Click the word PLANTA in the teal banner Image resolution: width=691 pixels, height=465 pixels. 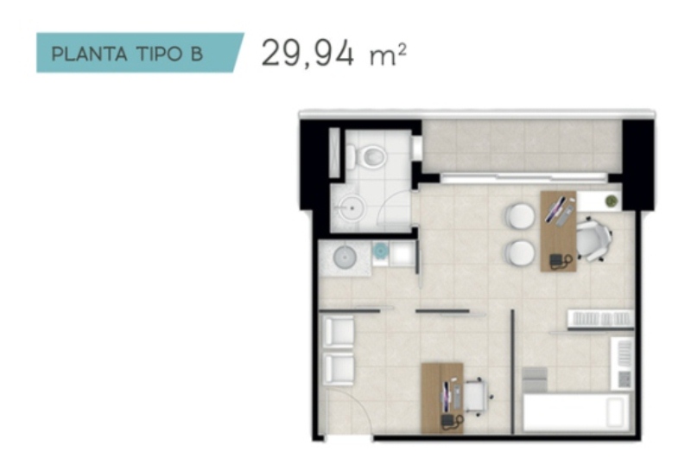coord(90,54)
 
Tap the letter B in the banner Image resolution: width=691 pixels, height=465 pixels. coord(196,54)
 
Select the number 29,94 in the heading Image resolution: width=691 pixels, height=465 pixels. coord(307,54)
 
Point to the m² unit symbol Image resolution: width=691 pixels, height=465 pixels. coord(388,55)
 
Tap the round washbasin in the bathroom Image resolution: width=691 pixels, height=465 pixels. coord(352,207)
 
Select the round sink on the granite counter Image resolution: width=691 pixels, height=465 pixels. coord(345,257)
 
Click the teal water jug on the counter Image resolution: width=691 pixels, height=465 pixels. coord(380,251)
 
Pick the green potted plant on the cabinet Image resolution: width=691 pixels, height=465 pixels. coord(612,201)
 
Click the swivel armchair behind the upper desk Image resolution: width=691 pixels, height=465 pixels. coord(594,240)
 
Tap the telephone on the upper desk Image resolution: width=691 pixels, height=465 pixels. coord(560,262)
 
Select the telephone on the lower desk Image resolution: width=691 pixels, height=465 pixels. coord(452,420)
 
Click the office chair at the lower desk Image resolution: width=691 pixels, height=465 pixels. coord(478,397)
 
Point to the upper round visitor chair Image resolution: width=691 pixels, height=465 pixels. coord(520,216)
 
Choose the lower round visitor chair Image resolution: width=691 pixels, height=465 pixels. coord(520,253)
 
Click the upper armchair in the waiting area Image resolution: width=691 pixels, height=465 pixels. coord(339,331)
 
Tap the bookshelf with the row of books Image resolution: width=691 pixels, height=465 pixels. coord(600,319)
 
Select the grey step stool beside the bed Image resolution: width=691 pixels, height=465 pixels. coord(535,379)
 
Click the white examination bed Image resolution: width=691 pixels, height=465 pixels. coord(576,412)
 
